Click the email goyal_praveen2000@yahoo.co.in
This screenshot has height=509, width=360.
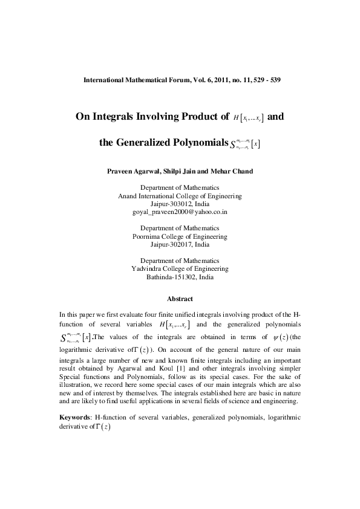point(180,213)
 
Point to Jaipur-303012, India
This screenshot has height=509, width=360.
point(180,204)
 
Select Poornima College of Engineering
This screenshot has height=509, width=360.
point(180,236)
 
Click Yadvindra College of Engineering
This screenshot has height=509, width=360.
point(180,268)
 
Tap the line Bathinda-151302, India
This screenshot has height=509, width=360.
point(180,277)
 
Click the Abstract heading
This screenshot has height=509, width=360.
point(180,299)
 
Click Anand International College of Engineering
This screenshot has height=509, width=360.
point(180,196)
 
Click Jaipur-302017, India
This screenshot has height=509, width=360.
point(180,245)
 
